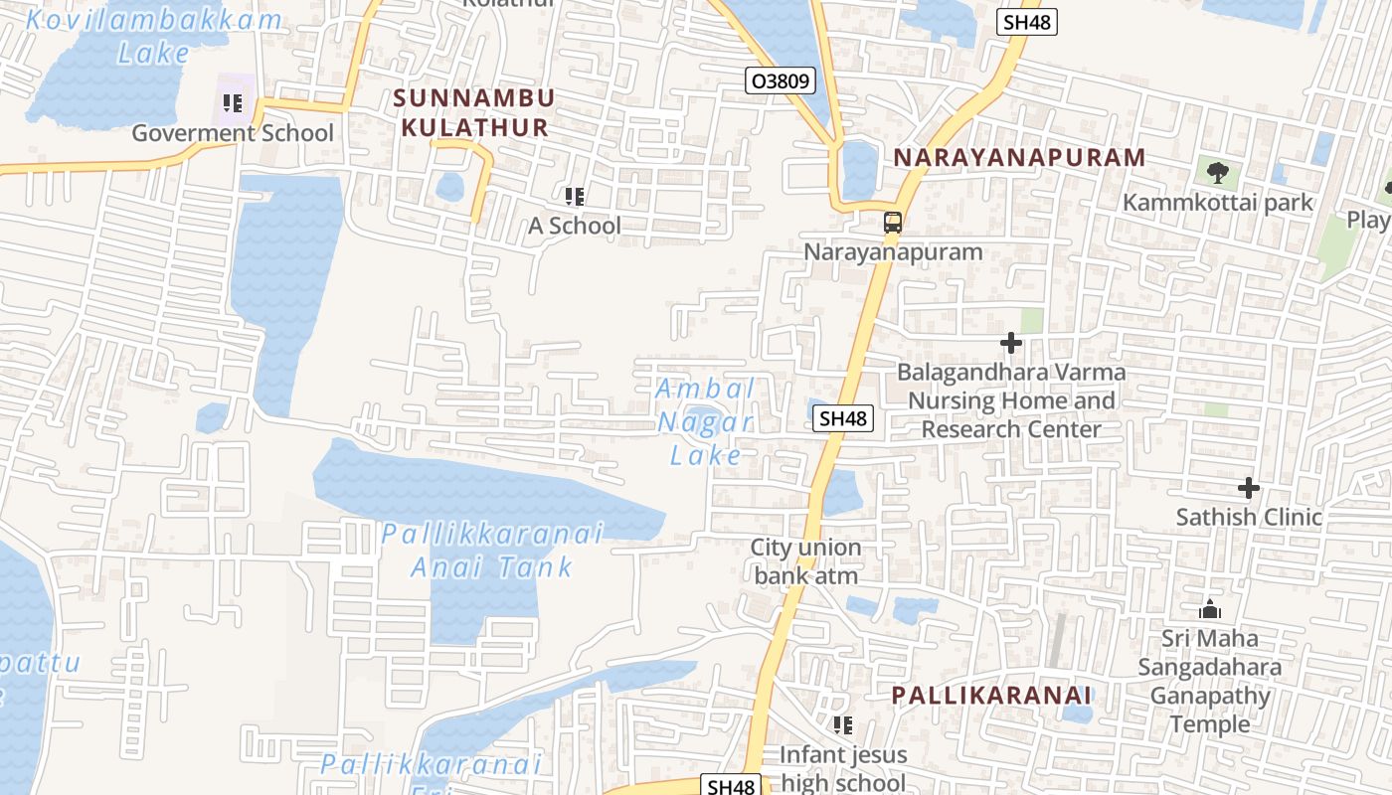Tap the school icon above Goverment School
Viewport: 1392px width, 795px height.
pyautogui.click(x=233, y=102)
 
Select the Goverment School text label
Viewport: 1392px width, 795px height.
pyautogui.click(x=233, y=133)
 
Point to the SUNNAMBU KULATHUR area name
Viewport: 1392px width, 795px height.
pyautogui.click(x=474, y=112)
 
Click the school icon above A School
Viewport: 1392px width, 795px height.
pyautogui.click(x=574, y=197)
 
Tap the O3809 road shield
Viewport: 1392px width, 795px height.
pyautogui.click(x=782, y=80)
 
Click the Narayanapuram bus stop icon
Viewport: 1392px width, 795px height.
pyautogui.click(x=893, y=223)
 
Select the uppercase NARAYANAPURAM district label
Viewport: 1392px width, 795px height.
pyautogui.click(x=1019, y=157)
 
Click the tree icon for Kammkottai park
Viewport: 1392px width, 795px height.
pyautogui.click(x=1217, y=173)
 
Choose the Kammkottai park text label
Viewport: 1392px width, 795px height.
pyautogui.click(x=1218, y=203)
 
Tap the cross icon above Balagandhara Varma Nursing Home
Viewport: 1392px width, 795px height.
pyautogui.click(x=1011, y=344)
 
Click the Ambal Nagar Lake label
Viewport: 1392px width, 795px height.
pyautogui.click(x=706, y=422)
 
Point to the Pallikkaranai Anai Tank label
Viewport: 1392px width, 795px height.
pyautogui.click(x=492, y=551)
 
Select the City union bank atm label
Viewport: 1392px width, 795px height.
pyautogui.click(x=805, y=561)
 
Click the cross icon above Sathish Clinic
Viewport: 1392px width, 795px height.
pyautogui.click(x=1249, y=488)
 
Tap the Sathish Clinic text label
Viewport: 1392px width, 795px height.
pyautogui.click(x=1249, y=517)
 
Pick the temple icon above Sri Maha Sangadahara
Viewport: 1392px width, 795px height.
pyautogui.click(x=1210, y=608)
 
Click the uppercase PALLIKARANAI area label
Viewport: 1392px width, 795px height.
pyautogui.click(x=991, y=695)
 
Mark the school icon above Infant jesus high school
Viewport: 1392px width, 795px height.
pyautogui.click(x=842, y=725)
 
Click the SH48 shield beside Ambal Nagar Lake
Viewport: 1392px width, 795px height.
pyautogui.click(x=843, y=418)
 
